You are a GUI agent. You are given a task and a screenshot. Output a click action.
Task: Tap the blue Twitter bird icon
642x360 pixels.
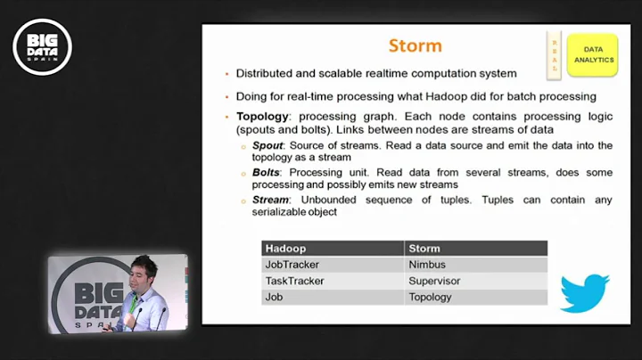tap(584, 292)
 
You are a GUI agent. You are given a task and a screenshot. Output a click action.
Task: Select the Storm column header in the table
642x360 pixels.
tap(424, 249)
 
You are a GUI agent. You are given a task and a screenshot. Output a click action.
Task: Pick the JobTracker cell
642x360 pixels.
tap(292, 265)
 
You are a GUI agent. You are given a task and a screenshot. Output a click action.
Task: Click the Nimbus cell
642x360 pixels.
tap(429, 265)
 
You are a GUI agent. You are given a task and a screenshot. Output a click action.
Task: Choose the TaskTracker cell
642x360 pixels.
tap(294, 281)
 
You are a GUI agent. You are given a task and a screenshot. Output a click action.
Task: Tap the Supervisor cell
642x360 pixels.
tap(436, 281)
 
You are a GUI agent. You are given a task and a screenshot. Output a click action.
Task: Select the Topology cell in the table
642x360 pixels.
tap(430, 297)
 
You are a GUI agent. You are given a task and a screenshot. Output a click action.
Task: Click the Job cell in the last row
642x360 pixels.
tap(275, 297)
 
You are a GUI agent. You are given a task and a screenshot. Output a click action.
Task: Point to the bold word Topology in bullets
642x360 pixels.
tap(262, 117)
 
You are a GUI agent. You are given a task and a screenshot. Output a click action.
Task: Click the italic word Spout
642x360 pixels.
tap(268, 145)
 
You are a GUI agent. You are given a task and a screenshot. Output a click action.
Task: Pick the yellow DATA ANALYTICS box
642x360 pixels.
tap(591, 55)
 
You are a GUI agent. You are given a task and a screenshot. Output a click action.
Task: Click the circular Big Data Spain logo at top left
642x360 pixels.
tap(42, 46)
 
